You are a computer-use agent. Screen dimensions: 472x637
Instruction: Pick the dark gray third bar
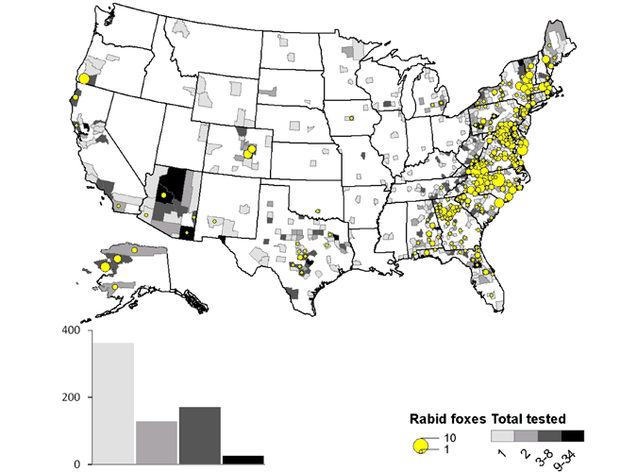pyautogui.click(x=199, y=435)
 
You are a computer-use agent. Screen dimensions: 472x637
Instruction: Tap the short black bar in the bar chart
pyautogui.click(x=243, y=459)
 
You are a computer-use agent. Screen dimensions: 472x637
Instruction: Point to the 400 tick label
pyautogui.click(x=72, y=330)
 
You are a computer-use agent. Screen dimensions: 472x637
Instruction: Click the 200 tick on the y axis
pyautogui.click(x=72, y=397)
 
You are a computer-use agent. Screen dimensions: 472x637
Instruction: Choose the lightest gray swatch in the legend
pyautogui.click(x=502, y=436)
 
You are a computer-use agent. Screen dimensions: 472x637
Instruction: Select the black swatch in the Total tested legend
pyautogui.click(x=573, y=436)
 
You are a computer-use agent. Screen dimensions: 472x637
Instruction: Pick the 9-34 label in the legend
pyautogui.click(x=568, y=459)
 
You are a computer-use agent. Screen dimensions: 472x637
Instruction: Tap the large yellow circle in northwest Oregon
pyautogui.click(x=83, y=79)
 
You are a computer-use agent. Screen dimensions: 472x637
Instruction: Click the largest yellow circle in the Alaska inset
pyautogui.click(x=106, y=267)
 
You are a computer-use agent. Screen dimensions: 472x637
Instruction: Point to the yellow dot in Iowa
pyautogui.click(x=349, y=119)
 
